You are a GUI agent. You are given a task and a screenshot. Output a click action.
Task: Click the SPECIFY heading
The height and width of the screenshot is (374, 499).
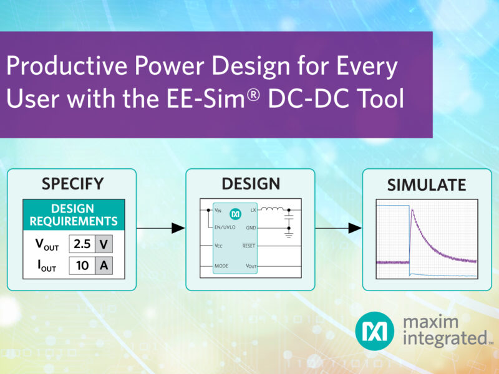72,184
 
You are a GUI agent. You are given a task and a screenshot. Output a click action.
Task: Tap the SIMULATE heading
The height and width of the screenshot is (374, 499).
427,185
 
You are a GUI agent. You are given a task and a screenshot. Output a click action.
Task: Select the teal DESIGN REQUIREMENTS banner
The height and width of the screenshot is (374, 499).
74,214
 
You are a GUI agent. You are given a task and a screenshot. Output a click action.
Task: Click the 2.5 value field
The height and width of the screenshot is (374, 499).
81,243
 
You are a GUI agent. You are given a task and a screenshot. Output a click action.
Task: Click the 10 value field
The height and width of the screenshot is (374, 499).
81,266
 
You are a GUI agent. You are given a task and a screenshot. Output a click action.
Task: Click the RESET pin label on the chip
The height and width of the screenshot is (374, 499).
248,247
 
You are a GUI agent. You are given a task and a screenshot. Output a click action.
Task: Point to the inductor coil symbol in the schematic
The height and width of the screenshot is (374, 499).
270,210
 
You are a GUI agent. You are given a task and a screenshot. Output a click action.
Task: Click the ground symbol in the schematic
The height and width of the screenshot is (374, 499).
288,235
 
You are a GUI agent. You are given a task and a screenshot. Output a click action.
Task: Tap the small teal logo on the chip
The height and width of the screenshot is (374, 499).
236,212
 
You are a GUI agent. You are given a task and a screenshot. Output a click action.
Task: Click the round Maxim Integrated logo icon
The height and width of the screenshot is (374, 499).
375,331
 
